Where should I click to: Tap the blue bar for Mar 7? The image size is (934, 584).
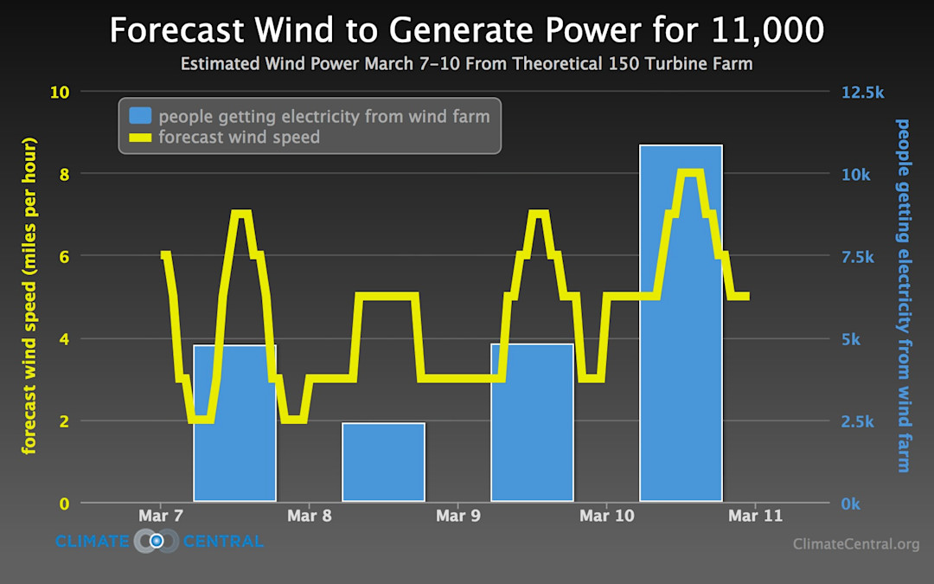[x=234, y=433]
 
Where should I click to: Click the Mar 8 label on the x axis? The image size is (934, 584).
[x=309, y=516]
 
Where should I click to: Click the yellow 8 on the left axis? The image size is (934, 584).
[x=63, y=174]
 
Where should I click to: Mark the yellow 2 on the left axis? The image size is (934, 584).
[x=63, y=421]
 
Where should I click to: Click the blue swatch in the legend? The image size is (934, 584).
[x=140, y=116]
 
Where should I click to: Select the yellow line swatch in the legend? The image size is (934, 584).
[x=140, y=137]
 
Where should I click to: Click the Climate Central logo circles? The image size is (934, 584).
[x=157, y=542]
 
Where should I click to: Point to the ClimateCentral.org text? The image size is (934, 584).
[x=855, y=544]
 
